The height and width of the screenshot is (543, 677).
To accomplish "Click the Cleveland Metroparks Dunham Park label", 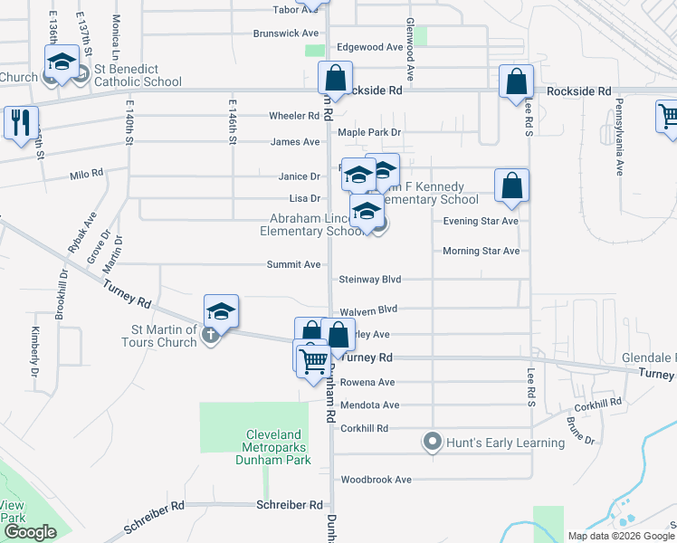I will [278, 447].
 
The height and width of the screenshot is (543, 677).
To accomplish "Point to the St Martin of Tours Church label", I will [159, 336].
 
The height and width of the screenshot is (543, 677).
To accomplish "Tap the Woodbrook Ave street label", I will [376, 480].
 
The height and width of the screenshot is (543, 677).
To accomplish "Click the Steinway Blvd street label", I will [369, 280].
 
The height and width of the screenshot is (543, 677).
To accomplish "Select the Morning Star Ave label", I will [481, 251].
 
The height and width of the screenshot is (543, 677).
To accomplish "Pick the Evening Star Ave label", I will [481, 221].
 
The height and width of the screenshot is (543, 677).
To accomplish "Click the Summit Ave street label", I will [293, 264].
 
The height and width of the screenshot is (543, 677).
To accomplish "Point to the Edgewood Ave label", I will [369, 47].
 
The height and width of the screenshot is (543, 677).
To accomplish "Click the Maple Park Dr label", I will [369, 132].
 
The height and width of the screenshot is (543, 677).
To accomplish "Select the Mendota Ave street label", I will [367, 405].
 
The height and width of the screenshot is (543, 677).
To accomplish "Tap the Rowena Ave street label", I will [367, 382].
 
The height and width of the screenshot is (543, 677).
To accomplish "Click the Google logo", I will [31, 532].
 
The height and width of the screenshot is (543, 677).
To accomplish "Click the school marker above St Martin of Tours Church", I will [221, 311].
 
